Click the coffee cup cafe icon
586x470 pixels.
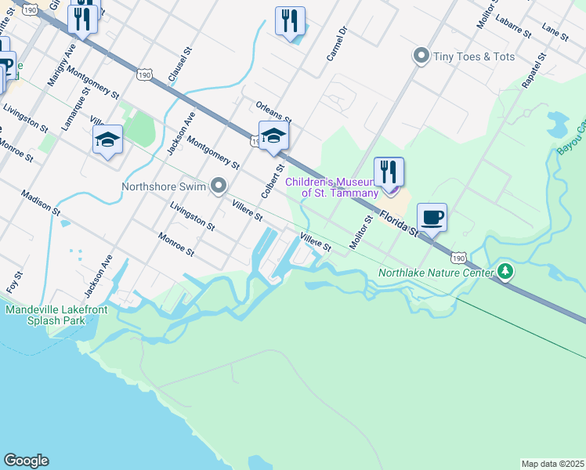click(432, 217)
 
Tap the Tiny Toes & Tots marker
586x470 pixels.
click(421, 56)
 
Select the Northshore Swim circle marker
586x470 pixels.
click(219, 186)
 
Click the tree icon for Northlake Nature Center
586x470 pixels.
click(506, 273)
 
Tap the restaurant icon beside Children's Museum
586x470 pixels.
click(389, 172)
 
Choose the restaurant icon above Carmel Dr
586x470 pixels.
click(290, 21)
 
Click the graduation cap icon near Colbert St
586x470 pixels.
click(273, 137)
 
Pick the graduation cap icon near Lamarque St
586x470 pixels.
click(107, 139)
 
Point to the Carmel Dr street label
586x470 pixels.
click(336, 46)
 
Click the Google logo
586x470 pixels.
click(26, 461)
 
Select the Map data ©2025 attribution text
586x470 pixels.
click(552, 464)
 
